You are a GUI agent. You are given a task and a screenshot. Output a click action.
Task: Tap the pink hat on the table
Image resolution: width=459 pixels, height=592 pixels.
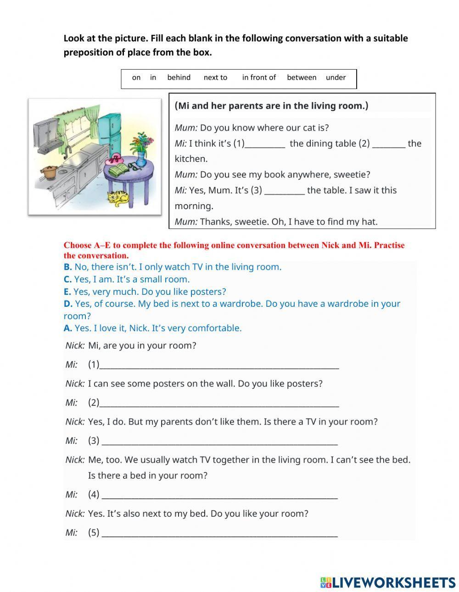point(115,160)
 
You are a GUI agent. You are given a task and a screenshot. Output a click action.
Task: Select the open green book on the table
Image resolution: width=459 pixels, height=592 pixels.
point(119,171)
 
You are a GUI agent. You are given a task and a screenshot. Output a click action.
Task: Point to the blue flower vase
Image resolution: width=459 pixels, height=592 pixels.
point(141,159)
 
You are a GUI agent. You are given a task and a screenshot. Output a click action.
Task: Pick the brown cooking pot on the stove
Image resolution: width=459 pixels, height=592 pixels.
point(48,172)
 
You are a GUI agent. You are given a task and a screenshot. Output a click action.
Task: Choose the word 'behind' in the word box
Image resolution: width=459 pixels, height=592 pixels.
point(179,77)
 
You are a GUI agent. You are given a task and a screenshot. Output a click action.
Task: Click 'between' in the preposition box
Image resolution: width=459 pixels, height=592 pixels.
point(302,77)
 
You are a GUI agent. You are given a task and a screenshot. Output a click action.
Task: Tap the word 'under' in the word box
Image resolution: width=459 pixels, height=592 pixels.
point(336,77)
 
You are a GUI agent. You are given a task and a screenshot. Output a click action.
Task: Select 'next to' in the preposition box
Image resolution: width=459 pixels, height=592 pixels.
point(215,77)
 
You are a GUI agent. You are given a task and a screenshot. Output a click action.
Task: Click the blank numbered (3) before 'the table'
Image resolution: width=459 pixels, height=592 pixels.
point(285,191)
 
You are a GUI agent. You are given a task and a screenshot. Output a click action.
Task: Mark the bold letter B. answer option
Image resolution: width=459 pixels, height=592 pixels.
point(67,267)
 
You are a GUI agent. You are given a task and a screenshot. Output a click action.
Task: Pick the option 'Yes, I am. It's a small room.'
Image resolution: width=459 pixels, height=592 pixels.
point(131,279)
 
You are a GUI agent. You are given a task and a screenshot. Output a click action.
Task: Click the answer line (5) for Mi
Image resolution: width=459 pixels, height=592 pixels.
point(219,533)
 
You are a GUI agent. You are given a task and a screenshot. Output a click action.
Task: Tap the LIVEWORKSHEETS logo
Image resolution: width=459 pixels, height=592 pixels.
point(388,582)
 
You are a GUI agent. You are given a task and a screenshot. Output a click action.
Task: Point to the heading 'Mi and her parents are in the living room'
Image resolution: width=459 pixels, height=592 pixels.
point(271,106)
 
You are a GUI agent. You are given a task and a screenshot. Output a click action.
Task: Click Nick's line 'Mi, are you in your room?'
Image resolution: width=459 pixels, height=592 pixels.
point(142,346)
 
